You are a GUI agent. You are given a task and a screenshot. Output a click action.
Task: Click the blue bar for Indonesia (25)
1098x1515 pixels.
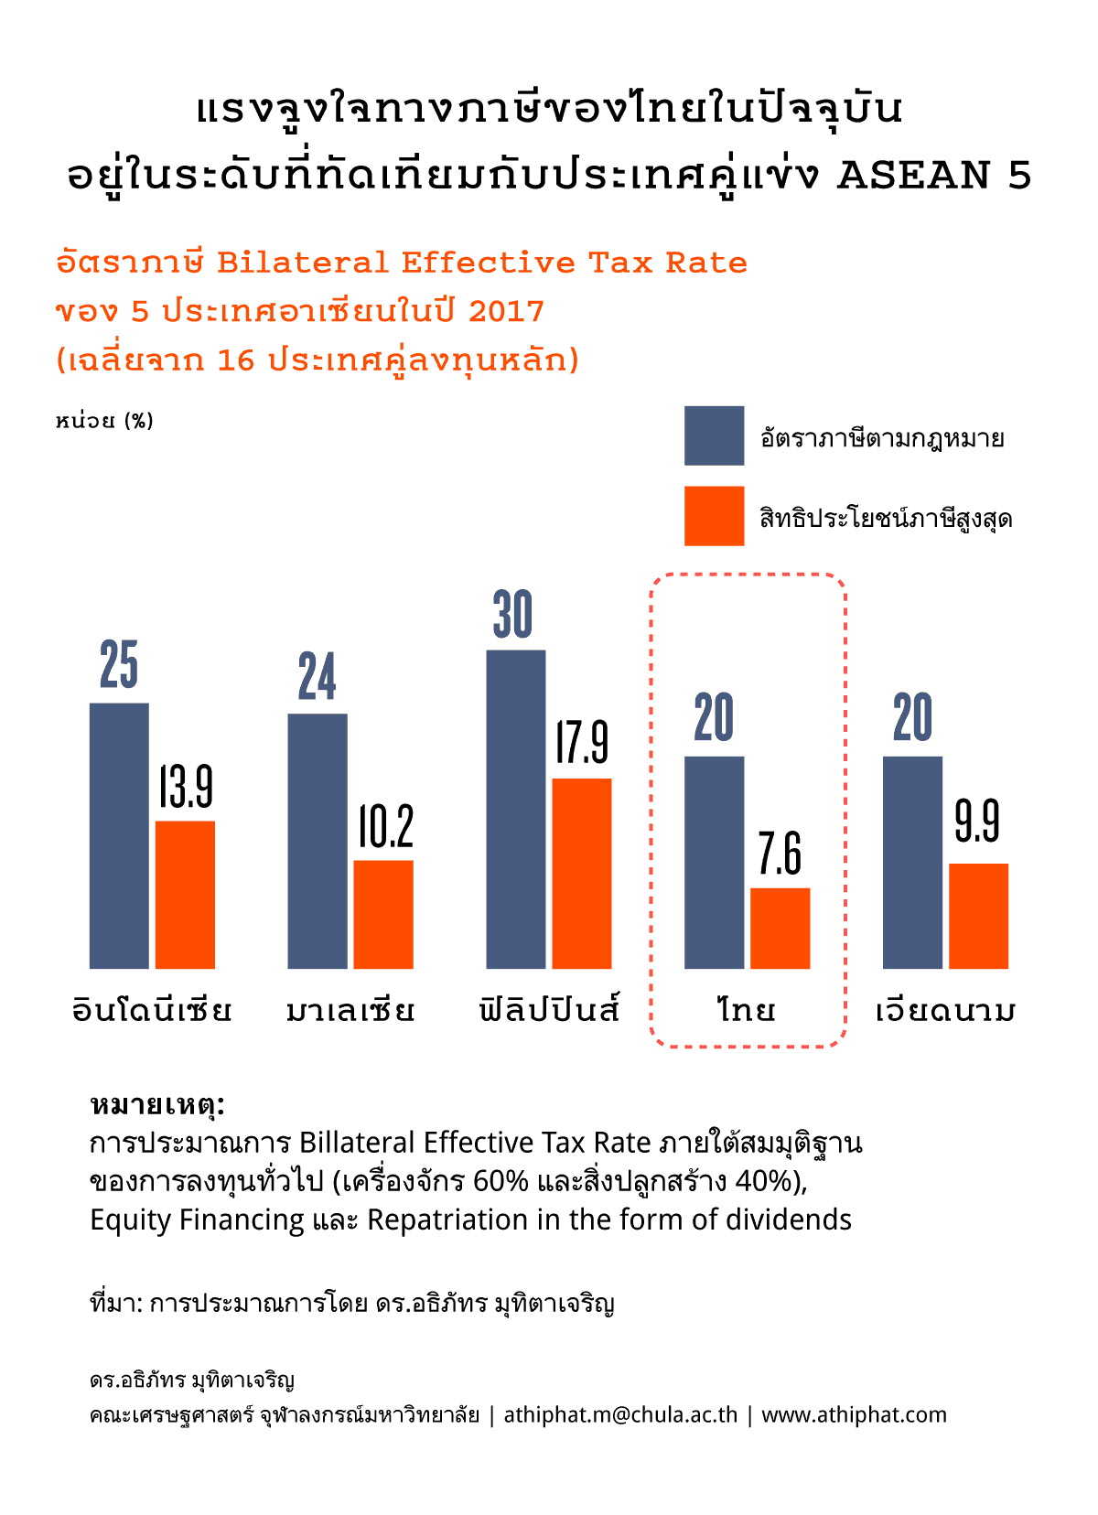pos(119,835)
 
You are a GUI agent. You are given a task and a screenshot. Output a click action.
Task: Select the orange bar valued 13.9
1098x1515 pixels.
pos(185,894)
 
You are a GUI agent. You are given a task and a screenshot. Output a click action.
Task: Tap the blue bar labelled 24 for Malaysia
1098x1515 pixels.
pos(318,841)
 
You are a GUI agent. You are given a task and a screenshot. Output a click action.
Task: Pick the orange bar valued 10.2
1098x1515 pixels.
pos(383,914)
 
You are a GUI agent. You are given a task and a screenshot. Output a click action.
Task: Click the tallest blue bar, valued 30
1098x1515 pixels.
pos(516,809)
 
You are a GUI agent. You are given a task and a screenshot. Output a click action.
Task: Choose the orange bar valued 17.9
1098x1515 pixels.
pos(582,873)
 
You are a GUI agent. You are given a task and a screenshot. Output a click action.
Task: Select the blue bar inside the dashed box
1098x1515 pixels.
pos(714,862)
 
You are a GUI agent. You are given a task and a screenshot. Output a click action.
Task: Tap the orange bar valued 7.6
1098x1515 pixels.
pos(780,928)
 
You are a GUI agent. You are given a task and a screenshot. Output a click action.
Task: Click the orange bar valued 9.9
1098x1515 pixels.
pos(978,916)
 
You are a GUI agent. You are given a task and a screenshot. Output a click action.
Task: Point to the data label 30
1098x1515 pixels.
pos(512,614)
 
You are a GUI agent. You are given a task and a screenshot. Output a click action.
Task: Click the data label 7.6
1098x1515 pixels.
pos(780,854)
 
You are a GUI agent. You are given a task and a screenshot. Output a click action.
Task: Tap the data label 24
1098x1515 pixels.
pos(318,677)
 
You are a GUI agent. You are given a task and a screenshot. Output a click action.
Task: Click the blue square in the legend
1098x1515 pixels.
pos(714,435)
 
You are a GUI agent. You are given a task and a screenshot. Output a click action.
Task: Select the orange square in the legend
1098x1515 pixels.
pos(714,516)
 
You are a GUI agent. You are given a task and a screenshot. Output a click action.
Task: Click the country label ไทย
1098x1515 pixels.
pos(747,1010)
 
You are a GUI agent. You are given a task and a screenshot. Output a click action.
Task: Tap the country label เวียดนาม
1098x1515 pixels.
pos(945,1010)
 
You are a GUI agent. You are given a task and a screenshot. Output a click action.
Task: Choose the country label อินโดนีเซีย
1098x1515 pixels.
pos(152,1010)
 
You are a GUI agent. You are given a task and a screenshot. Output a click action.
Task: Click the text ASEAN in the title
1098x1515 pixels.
pos(914,175)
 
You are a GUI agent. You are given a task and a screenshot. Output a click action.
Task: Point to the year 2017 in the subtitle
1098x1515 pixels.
pos(506,311)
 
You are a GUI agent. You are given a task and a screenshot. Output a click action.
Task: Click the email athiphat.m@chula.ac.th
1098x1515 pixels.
pos(620,1414)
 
